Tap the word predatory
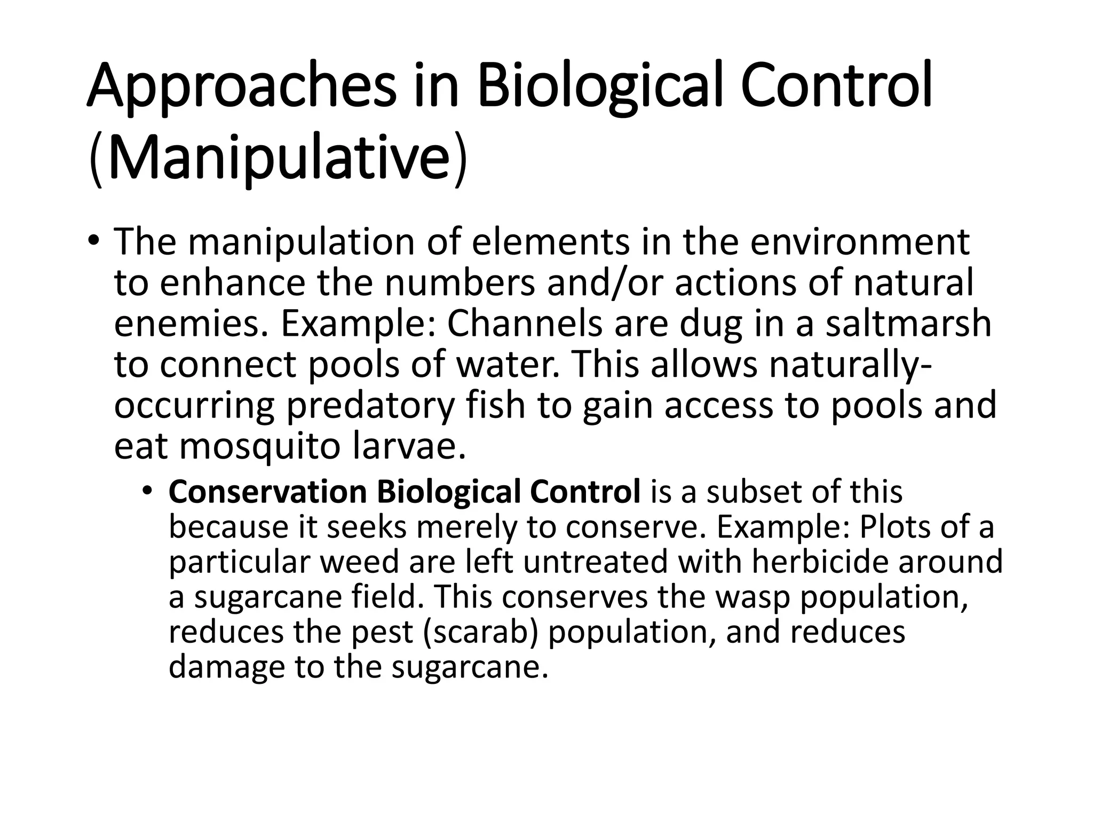[370, 406]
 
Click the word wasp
[752, 597]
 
